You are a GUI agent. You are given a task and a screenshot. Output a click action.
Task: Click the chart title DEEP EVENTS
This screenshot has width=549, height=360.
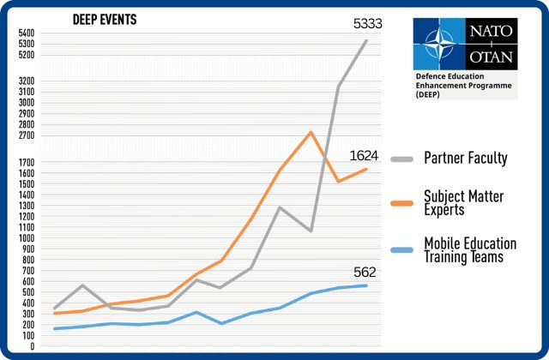105,19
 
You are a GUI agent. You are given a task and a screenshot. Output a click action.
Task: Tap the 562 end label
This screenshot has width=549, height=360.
365,273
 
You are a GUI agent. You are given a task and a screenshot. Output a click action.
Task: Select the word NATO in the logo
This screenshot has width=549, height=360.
491,31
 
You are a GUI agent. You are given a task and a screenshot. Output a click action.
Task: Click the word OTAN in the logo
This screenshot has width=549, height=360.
491,57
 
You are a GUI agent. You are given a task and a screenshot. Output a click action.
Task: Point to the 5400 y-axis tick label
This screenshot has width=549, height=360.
26,33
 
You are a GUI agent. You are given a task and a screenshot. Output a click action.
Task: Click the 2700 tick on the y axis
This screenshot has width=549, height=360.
26,135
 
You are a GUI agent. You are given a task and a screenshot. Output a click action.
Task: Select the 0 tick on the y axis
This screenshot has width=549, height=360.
31,347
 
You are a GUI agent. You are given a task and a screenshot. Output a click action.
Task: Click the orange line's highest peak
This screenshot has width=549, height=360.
311,132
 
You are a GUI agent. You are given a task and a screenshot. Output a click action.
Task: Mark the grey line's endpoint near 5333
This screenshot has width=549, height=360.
366,40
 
